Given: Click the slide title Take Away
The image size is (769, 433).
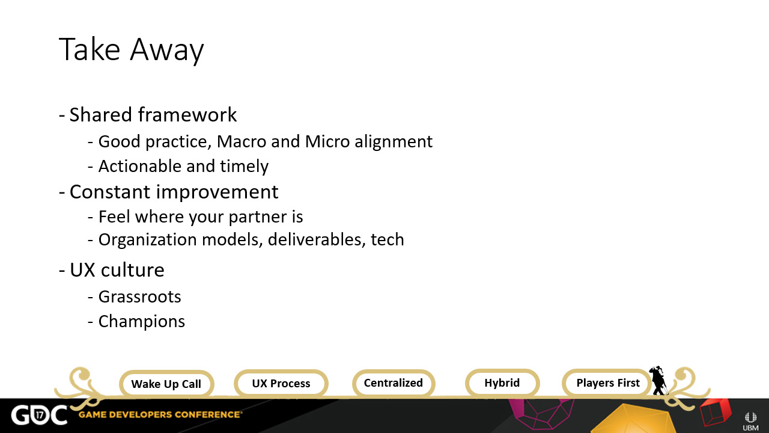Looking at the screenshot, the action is point(132,50).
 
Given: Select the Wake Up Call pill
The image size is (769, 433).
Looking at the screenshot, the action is point(166,384).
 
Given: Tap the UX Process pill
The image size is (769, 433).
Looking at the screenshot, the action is point(281,383).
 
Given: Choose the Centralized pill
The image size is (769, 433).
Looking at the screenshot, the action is point(394,383).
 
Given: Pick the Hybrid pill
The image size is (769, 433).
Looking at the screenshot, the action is point(502,383).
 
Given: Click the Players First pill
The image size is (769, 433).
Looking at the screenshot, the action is point(607,383).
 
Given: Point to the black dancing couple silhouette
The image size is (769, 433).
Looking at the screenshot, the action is point(658,381).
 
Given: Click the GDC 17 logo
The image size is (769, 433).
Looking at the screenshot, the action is point(39,415).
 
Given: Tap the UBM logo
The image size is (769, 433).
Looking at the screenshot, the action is point(750,422).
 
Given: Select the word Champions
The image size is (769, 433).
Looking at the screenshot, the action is point(141,322).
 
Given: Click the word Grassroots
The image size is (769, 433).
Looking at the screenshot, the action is point(139,297).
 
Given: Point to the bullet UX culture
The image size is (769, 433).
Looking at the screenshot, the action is point(112,270).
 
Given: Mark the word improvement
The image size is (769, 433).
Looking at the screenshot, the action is point(217,192).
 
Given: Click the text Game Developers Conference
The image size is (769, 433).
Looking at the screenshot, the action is point(160,415).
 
